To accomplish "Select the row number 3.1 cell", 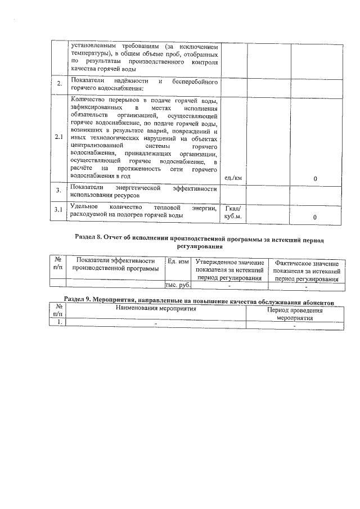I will (x=58, y=210).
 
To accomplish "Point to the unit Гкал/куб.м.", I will (x=233, y=212).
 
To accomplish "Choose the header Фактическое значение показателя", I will (x=306, y=271).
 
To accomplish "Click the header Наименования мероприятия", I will (x=156, y=309).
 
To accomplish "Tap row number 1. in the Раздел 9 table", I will (x=58, y=322).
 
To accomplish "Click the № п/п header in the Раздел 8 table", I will (x=58, y=264).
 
